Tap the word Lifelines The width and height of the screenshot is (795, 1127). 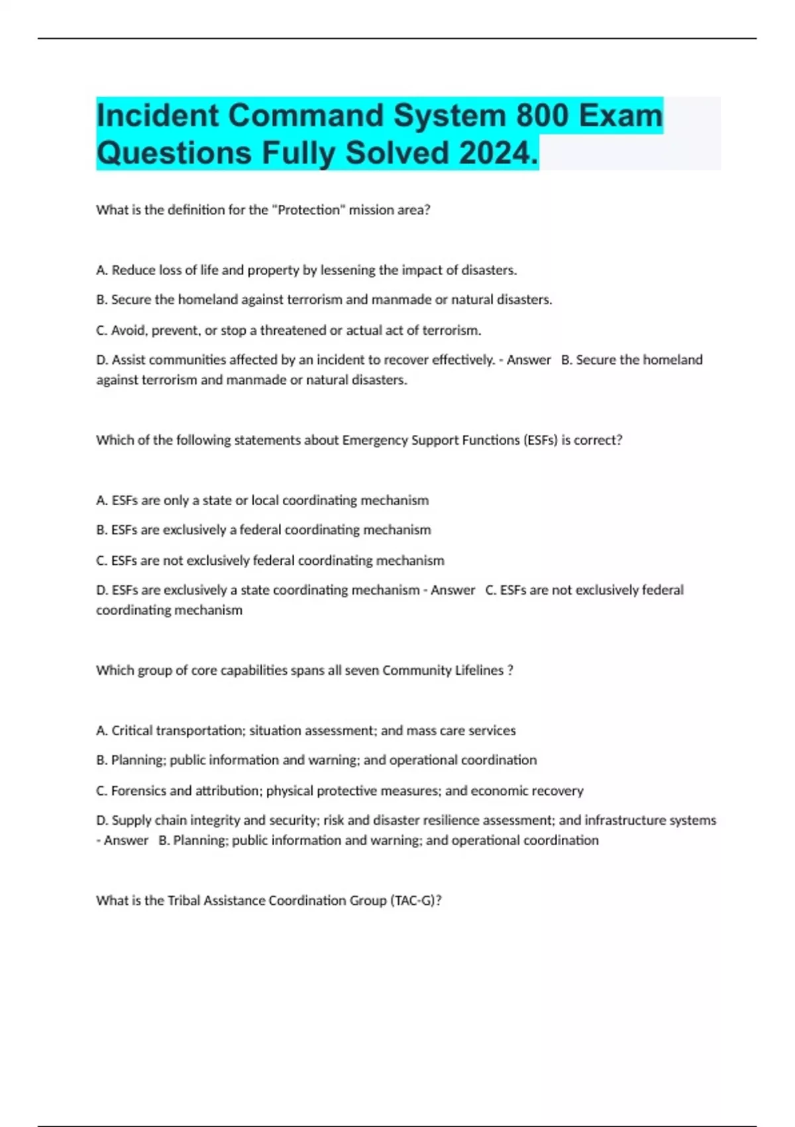pyautogui.click(x=479, y=670)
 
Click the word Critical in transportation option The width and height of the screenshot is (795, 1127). pyautogui.click(x=132, y=731)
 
